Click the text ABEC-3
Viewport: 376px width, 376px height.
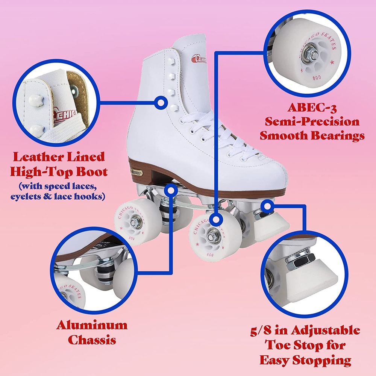312,108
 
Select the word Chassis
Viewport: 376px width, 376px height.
92,340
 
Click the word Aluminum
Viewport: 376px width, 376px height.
92,325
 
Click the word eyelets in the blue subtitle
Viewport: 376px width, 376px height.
25,196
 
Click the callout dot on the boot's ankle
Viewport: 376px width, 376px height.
161,103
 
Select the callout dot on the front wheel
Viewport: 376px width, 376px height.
216,220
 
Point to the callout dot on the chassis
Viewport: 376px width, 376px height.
171,190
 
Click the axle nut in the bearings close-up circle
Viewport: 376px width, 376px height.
312,55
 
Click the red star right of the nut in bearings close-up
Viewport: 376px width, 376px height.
332,63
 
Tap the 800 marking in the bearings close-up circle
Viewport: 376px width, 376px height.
317,77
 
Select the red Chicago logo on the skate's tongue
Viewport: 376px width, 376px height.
199,59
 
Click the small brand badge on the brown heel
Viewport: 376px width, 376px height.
136,172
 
